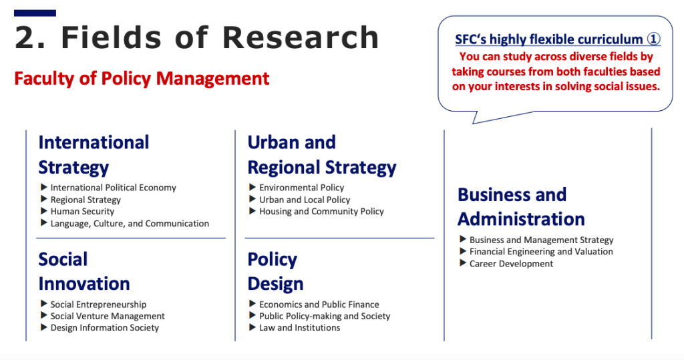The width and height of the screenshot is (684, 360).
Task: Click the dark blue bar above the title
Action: coord(35,13)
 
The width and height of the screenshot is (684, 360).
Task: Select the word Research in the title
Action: coord(301,37)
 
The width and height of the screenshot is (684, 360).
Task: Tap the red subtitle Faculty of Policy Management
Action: coord(142,79)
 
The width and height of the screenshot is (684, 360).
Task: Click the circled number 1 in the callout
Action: coord(653,39)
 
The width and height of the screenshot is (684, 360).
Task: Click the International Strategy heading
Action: coord(94,155)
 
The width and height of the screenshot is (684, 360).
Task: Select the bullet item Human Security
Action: coord(82,212)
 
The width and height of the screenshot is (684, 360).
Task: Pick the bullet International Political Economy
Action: coord(113,188)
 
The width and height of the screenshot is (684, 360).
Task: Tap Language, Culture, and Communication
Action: coord(130,224)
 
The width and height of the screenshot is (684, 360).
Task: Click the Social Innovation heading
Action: coord(84,271)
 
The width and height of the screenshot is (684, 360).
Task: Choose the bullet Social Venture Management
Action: coord(108,316)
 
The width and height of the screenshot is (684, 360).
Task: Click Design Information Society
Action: coord(104,328)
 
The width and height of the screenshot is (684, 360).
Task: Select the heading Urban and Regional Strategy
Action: coord(322,155)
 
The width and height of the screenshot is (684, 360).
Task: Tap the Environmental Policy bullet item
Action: coord(301,188)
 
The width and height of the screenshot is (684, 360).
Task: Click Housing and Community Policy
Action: coord(321,212)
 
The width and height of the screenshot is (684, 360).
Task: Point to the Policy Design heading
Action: coord(275,271)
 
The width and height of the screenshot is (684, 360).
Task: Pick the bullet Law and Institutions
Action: coord(299,328)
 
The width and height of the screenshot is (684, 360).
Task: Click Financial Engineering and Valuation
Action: coord(541,252)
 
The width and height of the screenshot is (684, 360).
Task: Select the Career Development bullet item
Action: coord(511,264)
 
